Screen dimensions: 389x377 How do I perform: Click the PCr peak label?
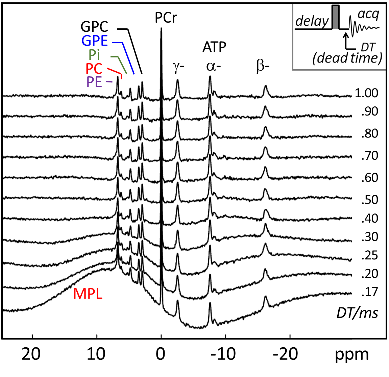pyautogui.click(x=166, y=18)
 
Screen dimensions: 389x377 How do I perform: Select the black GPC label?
pyautogui.click(x=95, y=27)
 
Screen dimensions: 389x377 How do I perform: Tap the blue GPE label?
pyautogui.click(x=95, y=41)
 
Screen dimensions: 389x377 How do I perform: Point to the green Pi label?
pyautogui.click(x=94, y=55)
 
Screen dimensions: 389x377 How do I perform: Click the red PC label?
pyautogui.click(x=94, y=69)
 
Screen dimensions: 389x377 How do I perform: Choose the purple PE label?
pyautogui.click(x=94, y=82)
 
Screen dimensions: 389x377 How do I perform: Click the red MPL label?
pyautogui.click(x=88, y=294)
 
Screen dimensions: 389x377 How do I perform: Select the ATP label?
pyautogui.click(x=214, y=47)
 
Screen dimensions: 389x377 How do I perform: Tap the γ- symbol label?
pyautogui.click(x=178, y=67)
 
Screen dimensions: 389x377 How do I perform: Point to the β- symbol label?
pyautogui.click(x=263, y=67)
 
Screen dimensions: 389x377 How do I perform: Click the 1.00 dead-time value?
pyautogui.click(x=366, y=93)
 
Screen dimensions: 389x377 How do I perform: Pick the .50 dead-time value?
pyautogui.click(x=370, y=200)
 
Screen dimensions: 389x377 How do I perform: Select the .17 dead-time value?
pyautogui.click(x=370, y=292)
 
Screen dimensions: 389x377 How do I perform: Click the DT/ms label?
pyautogui.click(x=358, y=313)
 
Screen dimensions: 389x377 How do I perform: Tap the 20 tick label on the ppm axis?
pyautogui.click(x=31, y=354)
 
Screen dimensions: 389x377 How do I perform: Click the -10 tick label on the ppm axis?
pyautogui.click(x=223, y=354)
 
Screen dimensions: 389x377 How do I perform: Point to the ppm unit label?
pyautogui.click(x=352, y=355)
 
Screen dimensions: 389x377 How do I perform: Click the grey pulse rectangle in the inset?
pyautogui.click(x=336, y=17)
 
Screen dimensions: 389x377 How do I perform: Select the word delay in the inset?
pyautogui.click(x=312, y=21)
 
